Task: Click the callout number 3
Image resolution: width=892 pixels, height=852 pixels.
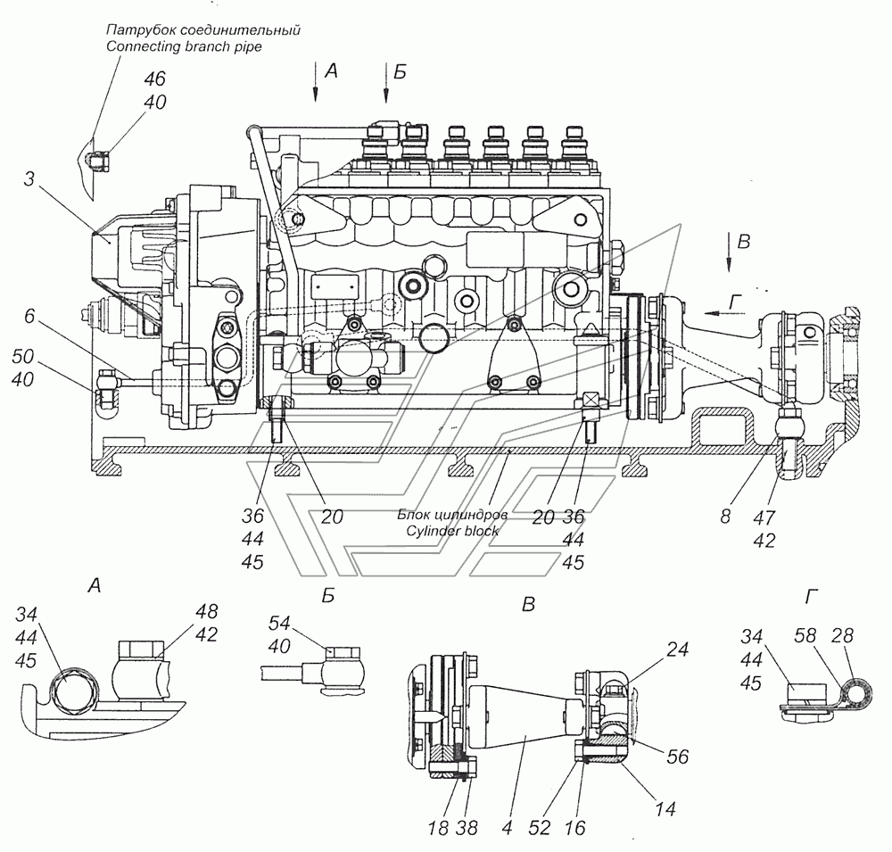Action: click(29, 179)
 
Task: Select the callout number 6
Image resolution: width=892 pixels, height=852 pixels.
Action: click(29, 316)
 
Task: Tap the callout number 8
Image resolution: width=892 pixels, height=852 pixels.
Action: click(724, 517)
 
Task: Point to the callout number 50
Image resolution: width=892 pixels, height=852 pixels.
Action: click(23, 356)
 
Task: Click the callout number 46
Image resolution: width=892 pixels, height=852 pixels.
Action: click(154, 79)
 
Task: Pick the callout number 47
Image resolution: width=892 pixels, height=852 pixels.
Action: click(764, 517)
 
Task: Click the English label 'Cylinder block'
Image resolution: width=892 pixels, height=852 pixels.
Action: click(452, 531)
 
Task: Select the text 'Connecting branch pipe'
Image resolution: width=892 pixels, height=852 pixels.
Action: click(184, 46)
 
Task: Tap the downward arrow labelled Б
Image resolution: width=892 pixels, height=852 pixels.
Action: click(386, 82)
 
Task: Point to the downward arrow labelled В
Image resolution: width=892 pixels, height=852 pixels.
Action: click(730, 252)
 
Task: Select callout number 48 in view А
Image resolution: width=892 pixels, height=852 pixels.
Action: click(207, 611)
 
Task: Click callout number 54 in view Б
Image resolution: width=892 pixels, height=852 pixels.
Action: click(279, 624)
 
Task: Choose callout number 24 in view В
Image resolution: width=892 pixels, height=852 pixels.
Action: click(677, 649)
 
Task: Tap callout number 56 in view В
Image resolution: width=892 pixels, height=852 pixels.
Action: click(677, 757)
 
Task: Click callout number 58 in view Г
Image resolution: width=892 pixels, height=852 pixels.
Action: click(805, 635)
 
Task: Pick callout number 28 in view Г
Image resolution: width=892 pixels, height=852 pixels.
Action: click(842, 635)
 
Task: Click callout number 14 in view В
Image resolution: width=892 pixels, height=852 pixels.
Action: click(665, 808)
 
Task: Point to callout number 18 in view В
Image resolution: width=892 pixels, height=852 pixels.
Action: click(438, 828)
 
